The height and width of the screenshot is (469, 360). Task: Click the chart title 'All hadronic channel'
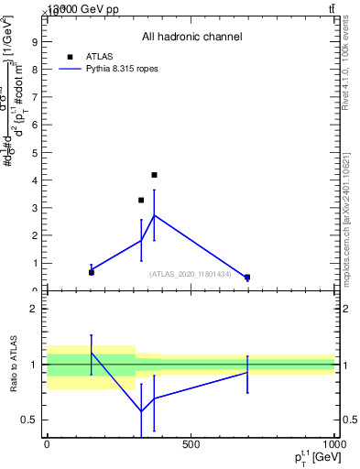tap(191, 37)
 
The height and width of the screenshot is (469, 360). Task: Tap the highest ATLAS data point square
tap(154, 175)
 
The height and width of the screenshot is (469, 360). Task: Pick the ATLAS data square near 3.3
tap(141, 200)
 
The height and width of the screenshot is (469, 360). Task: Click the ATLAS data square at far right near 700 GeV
tap(247, 277)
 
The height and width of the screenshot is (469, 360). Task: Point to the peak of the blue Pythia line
tap(154, 215)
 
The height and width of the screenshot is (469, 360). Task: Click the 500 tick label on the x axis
tap(191, 444)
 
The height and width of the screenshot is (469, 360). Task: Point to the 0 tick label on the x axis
tap(47, 444)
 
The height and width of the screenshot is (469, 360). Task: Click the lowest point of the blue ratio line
tap(141, 411)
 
